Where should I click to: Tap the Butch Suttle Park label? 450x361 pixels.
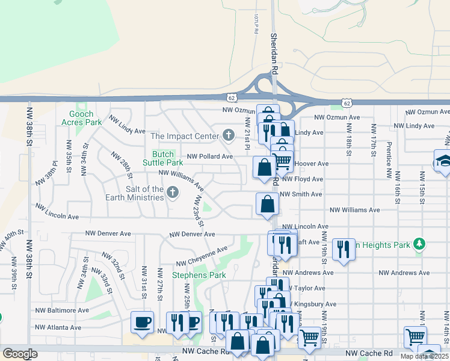[163, 158]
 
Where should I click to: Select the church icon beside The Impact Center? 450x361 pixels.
[228, 136]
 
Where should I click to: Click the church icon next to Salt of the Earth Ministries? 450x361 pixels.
[173, 193]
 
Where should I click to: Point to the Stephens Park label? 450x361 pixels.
[199, 275]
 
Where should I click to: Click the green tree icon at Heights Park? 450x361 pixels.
[419, 244]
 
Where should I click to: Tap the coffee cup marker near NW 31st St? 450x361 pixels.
[142, 322]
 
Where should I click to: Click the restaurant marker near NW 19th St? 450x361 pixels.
[343, 248]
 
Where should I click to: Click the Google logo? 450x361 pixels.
[20, 354]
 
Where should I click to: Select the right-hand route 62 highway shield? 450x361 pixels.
[347, 103]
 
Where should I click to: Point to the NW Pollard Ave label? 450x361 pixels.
[209, 156]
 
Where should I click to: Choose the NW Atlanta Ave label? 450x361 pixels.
[58, 327]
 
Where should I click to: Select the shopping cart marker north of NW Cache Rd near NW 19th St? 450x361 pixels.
[309, 338]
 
